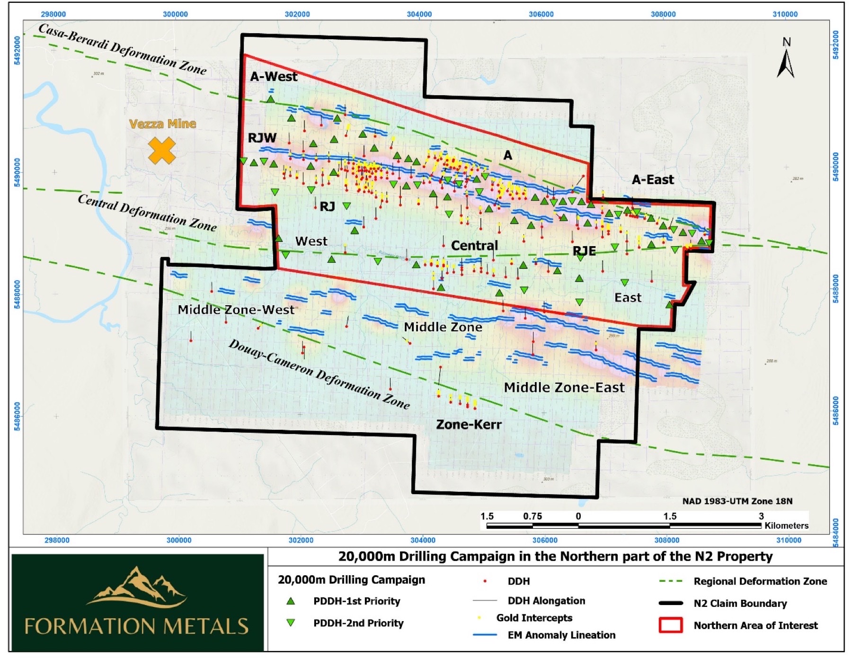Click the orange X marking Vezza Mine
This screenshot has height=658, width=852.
162,151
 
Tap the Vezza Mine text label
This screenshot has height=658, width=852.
162,124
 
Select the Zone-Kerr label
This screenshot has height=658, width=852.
469,425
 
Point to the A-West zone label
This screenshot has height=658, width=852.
274,77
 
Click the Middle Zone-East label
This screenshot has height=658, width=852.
564,388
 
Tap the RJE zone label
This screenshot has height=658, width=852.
584,251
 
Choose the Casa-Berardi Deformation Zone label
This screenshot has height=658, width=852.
123,49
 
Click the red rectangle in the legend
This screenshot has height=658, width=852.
670,625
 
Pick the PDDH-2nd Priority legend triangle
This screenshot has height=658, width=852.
291,623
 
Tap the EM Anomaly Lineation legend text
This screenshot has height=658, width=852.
561,635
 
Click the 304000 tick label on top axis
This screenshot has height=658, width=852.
419,14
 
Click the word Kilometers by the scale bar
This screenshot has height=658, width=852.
786,526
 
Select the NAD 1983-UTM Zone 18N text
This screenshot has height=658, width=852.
737,501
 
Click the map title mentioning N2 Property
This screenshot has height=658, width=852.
555,557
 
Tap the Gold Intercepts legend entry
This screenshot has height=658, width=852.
534,618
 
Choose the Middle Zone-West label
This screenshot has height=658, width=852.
236,310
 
